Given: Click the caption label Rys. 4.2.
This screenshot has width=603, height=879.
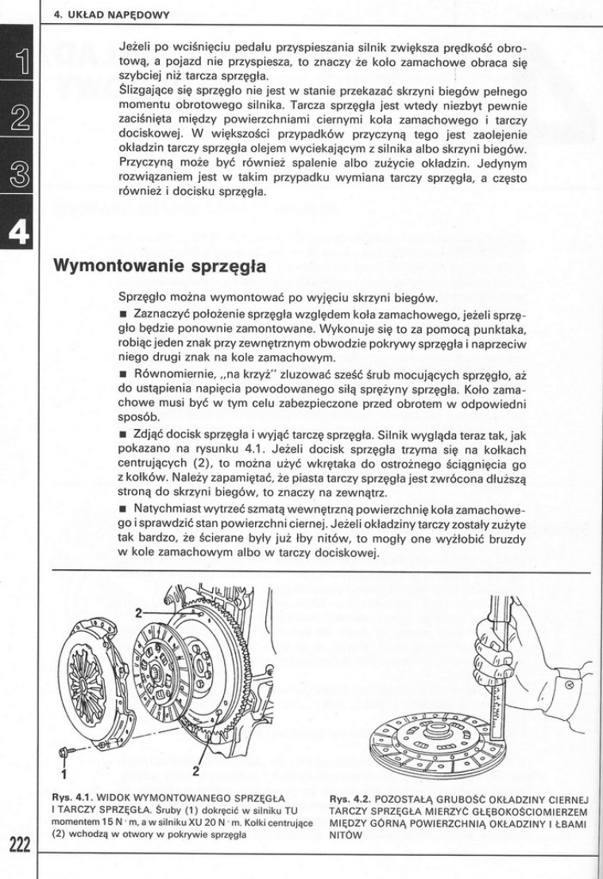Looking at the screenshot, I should click(x=346, y=797).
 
